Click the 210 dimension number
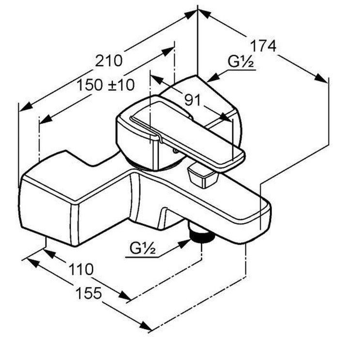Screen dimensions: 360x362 pyautogui.click(x=109, y=61)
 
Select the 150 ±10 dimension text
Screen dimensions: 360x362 pyautogui.click(x=106, y=85)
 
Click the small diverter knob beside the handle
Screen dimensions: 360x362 pyautogui.click(x=201, y=176)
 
